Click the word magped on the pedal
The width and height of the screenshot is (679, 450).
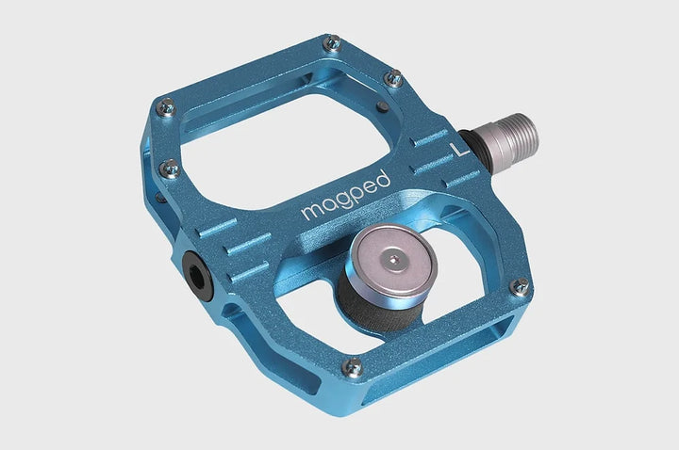click(344, 195)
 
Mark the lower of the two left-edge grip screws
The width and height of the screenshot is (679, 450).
click(170, 169)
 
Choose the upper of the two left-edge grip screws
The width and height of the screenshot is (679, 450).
click(165, 107)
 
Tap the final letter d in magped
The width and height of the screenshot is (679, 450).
click(382, 175)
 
